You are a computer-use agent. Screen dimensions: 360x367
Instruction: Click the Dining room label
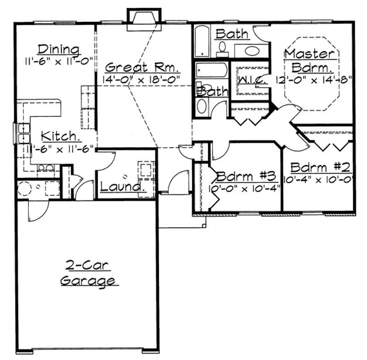[58, 49]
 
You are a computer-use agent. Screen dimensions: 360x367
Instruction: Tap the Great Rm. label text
[142, 67]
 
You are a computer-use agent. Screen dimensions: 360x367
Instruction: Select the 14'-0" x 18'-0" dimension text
[142, 78]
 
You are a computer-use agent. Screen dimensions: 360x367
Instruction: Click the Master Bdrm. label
[310, 61]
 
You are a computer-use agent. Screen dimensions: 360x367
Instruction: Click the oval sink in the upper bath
[251, 50]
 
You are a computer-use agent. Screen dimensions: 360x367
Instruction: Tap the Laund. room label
[121, 187]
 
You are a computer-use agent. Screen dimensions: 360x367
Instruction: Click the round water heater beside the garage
[24, 188]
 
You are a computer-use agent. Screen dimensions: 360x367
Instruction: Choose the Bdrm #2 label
[317, 166]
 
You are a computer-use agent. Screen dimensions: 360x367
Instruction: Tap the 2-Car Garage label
[88, 273]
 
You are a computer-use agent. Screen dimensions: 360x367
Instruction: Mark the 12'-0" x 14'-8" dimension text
[313, 79]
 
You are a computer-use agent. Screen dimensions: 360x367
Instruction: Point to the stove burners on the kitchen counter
[44, 168]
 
